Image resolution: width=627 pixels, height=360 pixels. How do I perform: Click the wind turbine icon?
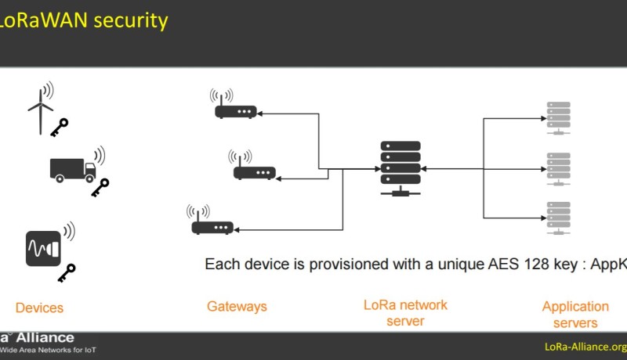[40, 109]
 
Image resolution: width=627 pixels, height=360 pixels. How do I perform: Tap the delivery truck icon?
[72, 167]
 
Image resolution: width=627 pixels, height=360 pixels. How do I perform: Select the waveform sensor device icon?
[44, 249]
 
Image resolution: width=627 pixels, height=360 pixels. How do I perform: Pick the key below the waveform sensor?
[67, 272]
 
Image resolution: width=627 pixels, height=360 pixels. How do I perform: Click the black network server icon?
[400, 167]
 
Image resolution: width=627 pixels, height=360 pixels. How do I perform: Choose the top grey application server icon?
[557, 117]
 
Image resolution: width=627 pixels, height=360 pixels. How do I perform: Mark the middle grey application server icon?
[557, 167]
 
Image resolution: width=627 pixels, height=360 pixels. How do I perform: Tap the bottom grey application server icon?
[557, 217]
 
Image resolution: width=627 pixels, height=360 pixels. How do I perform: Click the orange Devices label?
[39, 308]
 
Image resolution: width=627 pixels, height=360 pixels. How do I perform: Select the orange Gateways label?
[237, 307]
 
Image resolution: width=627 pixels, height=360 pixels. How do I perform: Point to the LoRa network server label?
[405, 312]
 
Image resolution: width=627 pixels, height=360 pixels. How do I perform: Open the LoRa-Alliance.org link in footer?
[585, 347]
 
